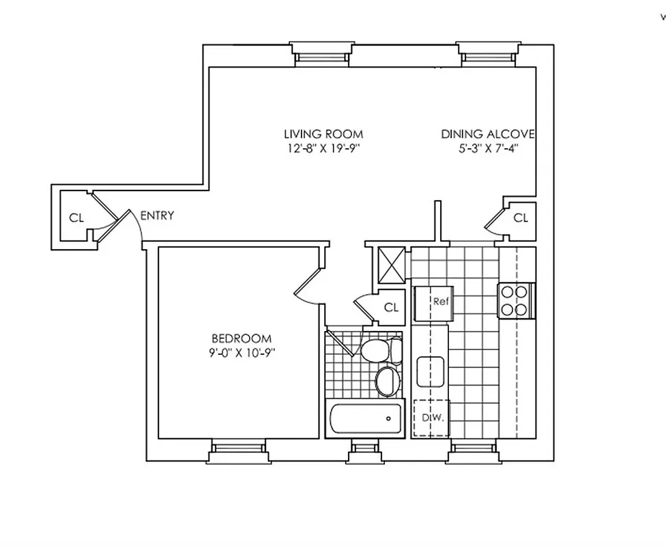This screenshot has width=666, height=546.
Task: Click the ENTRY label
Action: pos(157,216)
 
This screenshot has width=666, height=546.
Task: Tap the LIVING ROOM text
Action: pos(323,134)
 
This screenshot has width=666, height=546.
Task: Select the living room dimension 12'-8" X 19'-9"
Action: pos(323,149)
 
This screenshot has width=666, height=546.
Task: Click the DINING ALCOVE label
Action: pos(487,134)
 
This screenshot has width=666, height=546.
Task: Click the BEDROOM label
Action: pos(242,339)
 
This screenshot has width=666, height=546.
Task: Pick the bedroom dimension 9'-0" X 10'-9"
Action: pos(242,353)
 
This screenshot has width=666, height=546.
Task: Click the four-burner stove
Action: pos(515,300)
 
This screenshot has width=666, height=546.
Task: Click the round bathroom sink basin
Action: pos(387,381)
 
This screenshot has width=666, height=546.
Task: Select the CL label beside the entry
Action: pos(76,218)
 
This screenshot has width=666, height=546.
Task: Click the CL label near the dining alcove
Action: pos(521,218)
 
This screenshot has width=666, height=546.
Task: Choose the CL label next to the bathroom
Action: pos(390,308)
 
